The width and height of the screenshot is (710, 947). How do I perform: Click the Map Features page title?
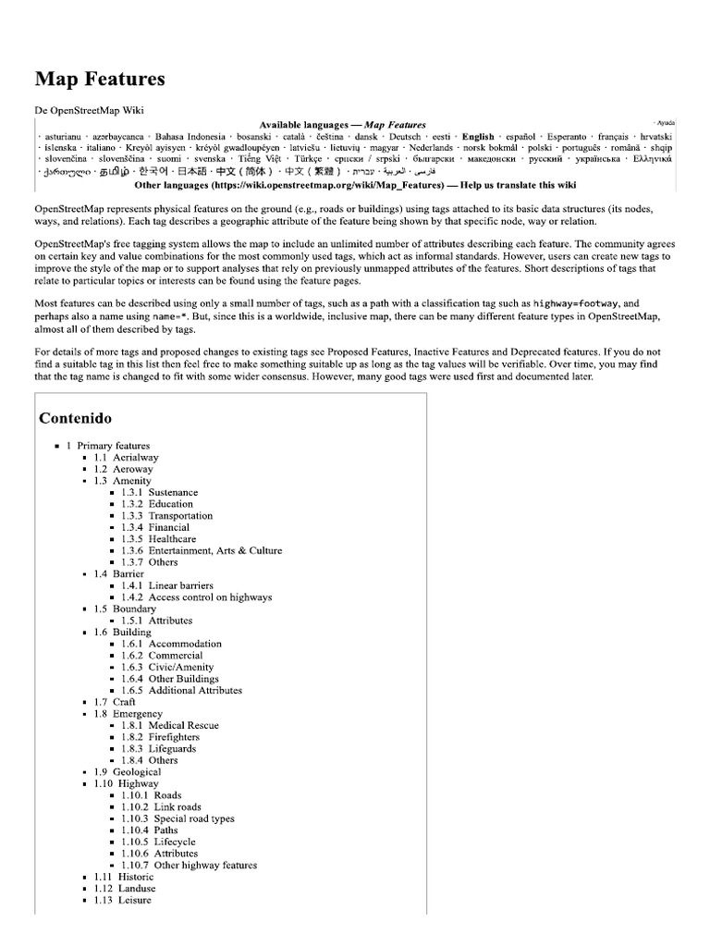click(100, 80)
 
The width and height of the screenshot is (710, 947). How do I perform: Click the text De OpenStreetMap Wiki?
click(90, 109)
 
